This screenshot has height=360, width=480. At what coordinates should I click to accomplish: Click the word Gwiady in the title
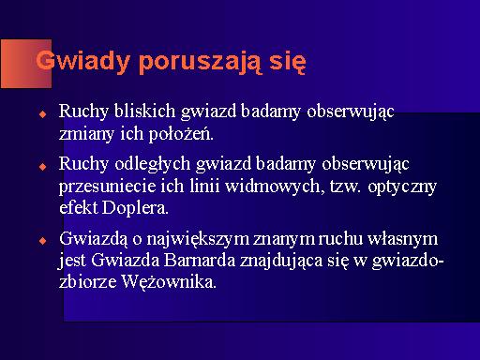(82, 62)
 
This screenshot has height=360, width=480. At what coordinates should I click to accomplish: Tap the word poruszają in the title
(200, 62)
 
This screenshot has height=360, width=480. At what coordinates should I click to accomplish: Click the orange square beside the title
(26, 64)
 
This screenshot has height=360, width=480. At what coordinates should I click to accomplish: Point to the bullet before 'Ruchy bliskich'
(43, 113)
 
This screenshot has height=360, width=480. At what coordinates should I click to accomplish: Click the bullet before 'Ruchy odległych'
(43, 166)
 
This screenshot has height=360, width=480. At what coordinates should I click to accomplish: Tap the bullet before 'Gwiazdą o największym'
(43, 241)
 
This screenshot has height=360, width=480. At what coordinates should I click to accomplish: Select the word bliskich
(144, 111)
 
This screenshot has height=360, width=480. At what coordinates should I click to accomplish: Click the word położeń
(181, 134)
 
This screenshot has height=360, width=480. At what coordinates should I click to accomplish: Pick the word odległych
(153, 164)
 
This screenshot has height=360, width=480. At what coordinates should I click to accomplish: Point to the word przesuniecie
(107, 187)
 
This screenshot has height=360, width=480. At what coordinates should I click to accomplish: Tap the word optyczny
(402, 187)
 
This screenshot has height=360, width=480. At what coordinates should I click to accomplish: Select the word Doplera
(135, 207)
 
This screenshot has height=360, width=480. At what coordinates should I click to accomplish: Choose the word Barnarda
(200, 260)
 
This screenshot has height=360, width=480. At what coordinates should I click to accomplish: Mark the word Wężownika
(169, 282)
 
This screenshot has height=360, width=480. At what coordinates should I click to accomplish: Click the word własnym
(402, 239)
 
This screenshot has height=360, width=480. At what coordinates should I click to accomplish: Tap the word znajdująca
(281, 262)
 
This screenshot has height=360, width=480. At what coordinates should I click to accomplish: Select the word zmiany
(86, 135)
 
